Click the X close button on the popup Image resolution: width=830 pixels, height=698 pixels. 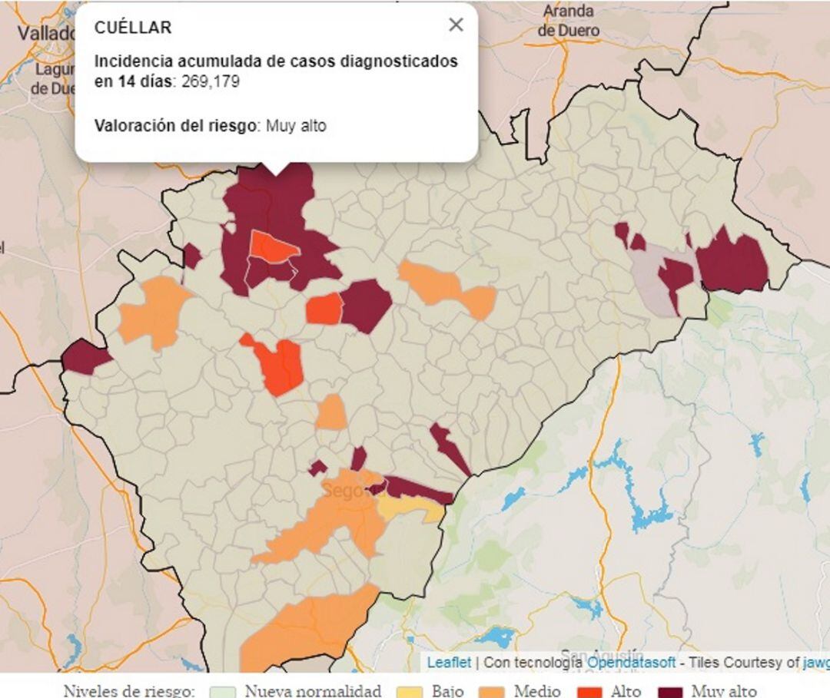(x=456, y=25)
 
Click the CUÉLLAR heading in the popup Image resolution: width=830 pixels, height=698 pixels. (x=133, y=28)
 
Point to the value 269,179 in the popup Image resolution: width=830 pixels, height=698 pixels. (x=211, y=81)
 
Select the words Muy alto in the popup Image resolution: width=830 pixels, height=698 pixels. (x=296, y=126)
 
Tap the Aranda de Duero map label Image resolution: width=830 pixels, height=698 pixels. (x=568, y=21)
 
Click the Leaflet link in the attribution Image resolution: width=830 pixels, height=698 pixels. (x=449, y=662)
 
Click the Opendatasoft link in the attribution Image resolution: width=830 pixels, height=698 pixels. (x=632, y=662)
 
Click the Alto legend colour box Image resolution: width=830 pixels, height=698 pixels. (x=589, y=691)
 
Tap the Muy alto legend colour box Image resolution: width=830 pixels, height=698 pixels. (x=670, y=691)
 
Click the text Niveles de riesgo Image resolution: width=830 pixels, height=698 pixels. (x=129, y=691)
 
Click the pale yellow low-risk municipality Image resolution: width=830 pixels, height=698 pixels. (x=407, y=506)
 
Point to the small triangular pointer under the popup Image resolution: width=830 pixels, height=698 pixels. (x=276, y=168)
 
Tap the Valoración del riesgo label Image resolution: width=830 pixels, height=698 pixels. (x=174, y=126)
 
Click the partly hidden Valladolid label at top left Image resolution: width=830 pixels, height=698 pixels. (x=46, y=33)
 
